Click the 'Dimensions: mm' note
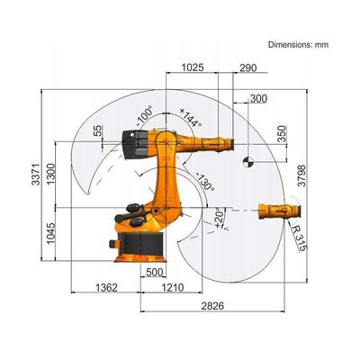298,45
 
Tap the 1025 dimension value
193,67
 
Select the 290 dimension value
248,68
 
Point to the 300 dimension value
258,98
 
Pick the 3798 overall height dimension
301,175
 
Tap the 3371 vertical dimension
36,175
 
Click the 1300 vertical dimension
51,174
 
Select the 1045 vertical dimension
51,233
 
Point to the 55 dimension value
98,130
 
